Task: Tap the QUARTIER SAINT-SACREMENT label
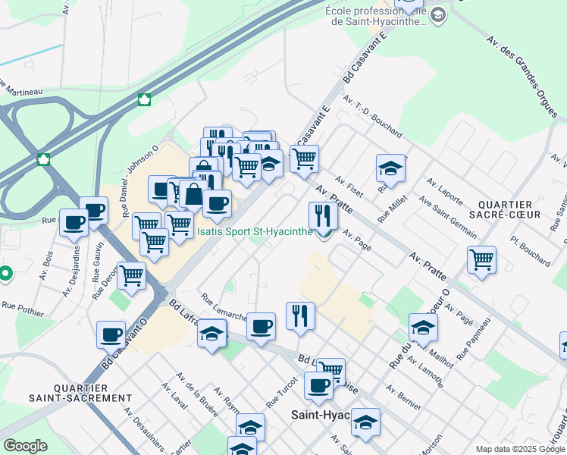(80, 392)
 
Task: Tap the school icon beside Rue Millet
(390, 168)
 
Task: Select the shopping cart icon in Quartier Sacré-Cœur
(482, 260)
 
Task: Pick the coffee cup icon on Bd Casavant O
(111, 334)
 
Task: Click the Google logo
(24, 446)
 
